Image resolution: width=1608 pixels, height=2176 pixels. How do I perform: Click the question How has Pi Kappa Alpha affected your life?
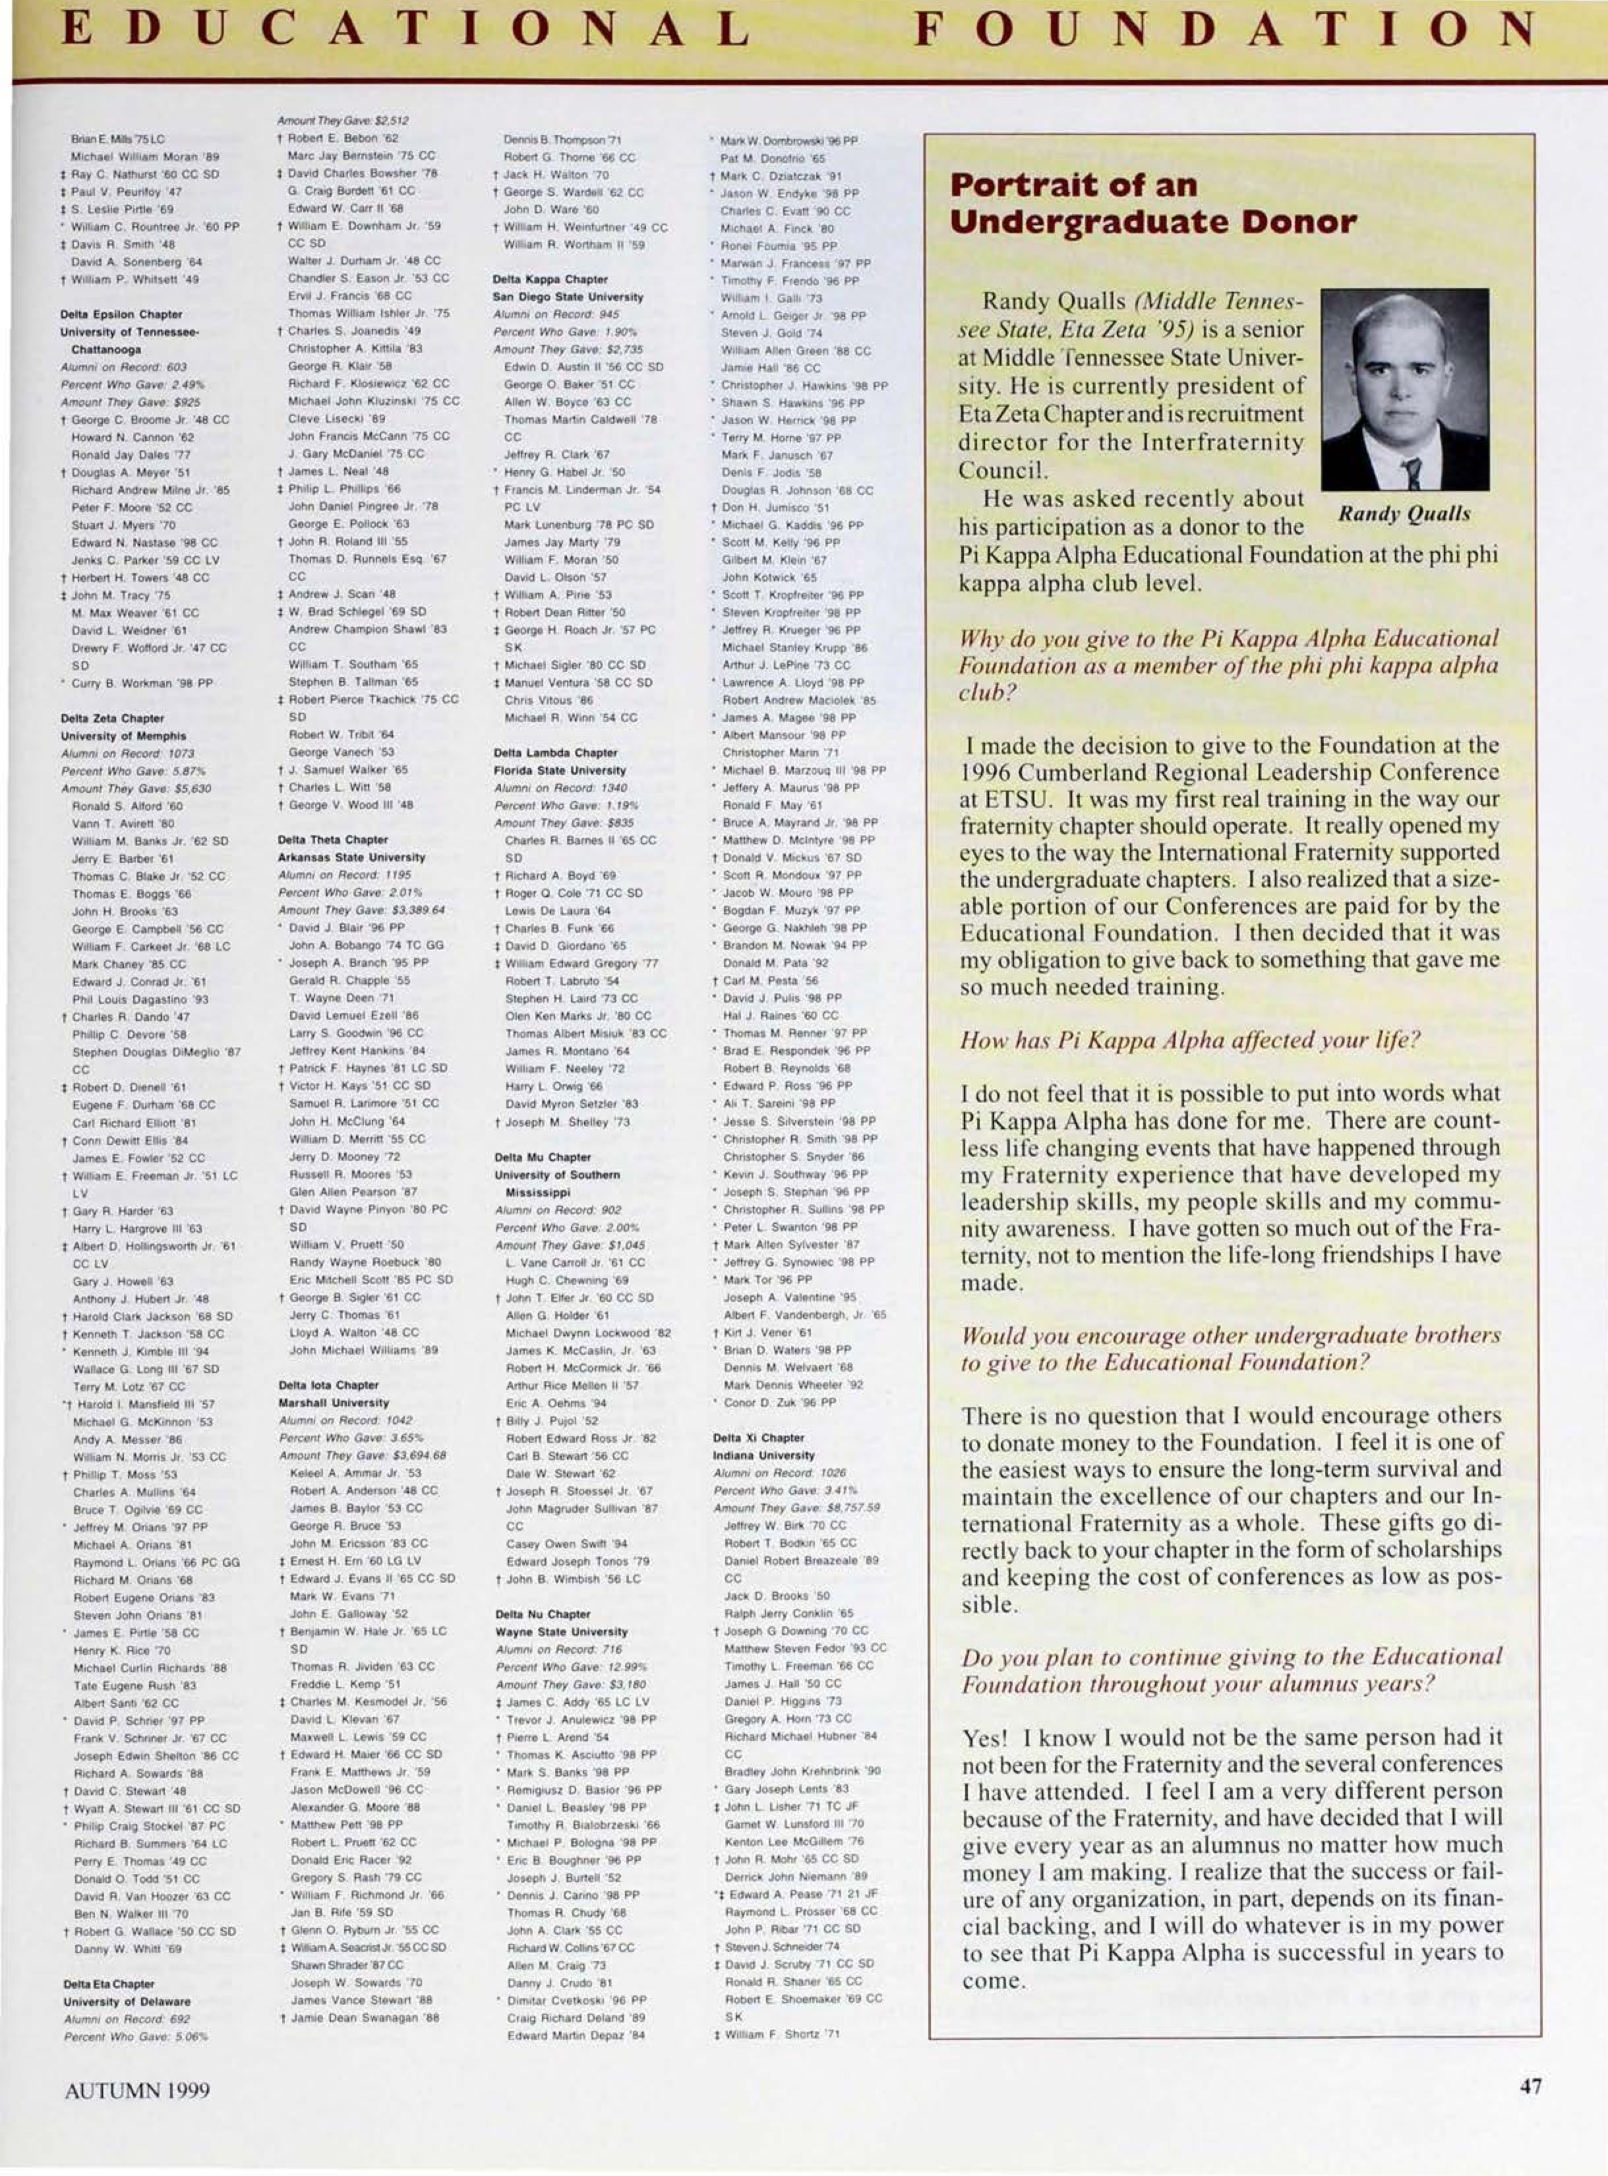1189,1040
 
